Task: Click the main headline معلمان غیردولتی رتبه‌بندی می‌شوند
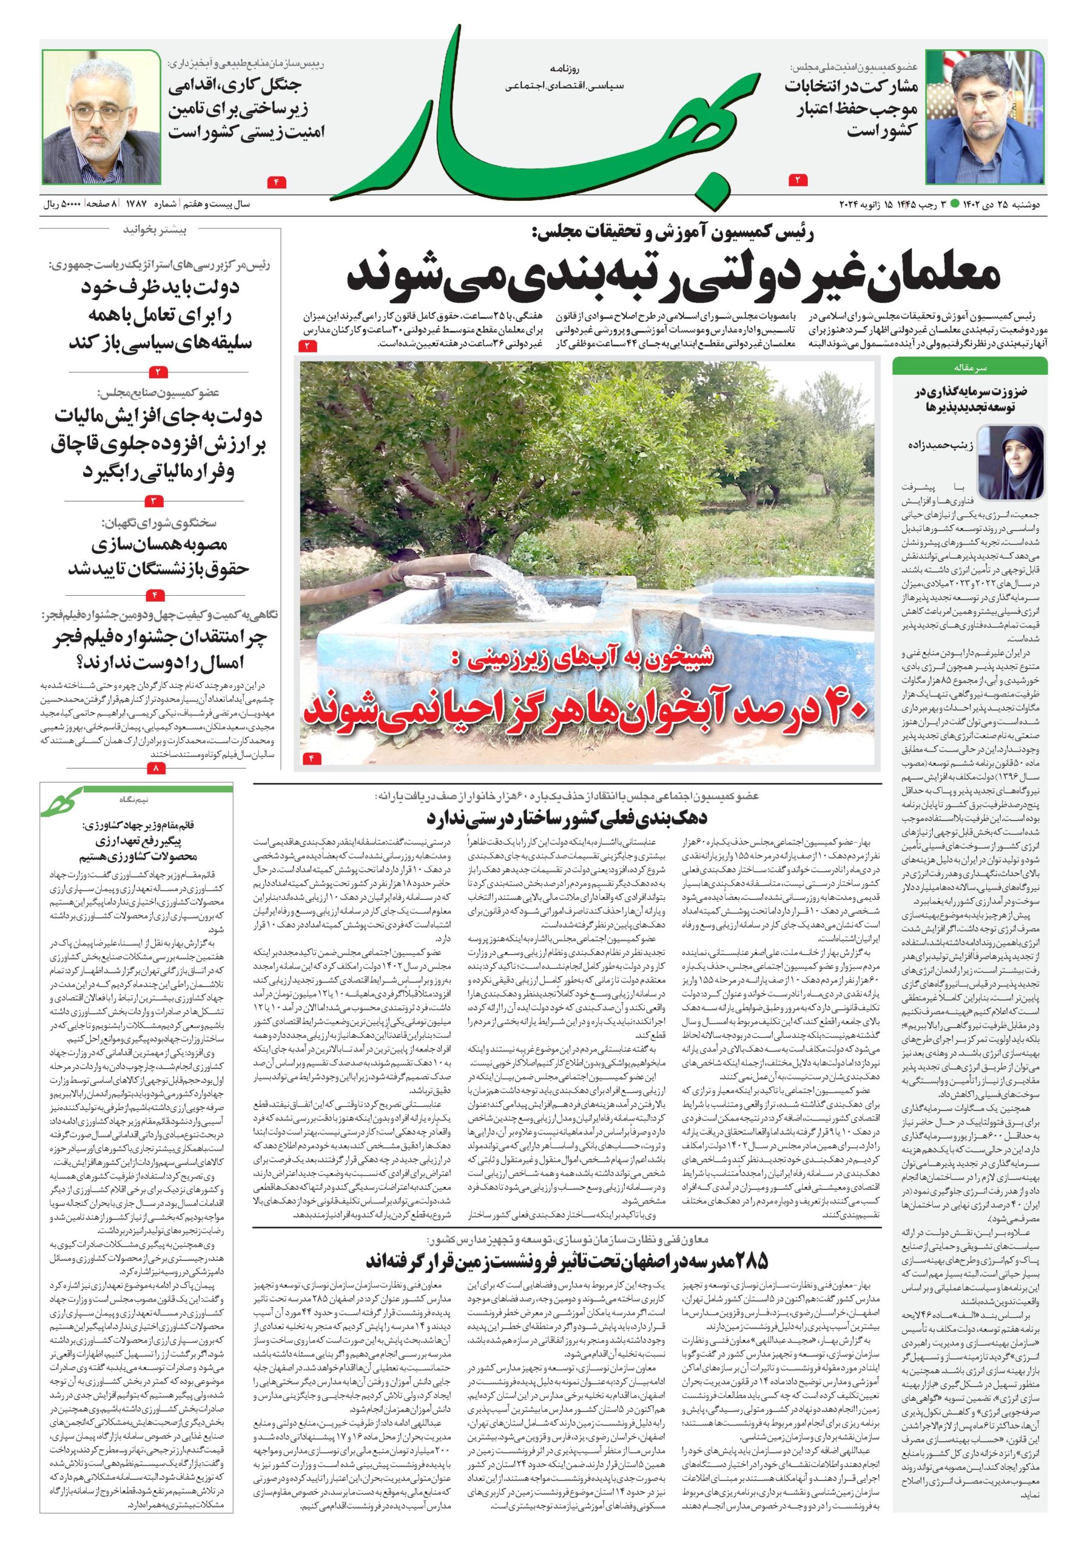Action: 673,275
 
